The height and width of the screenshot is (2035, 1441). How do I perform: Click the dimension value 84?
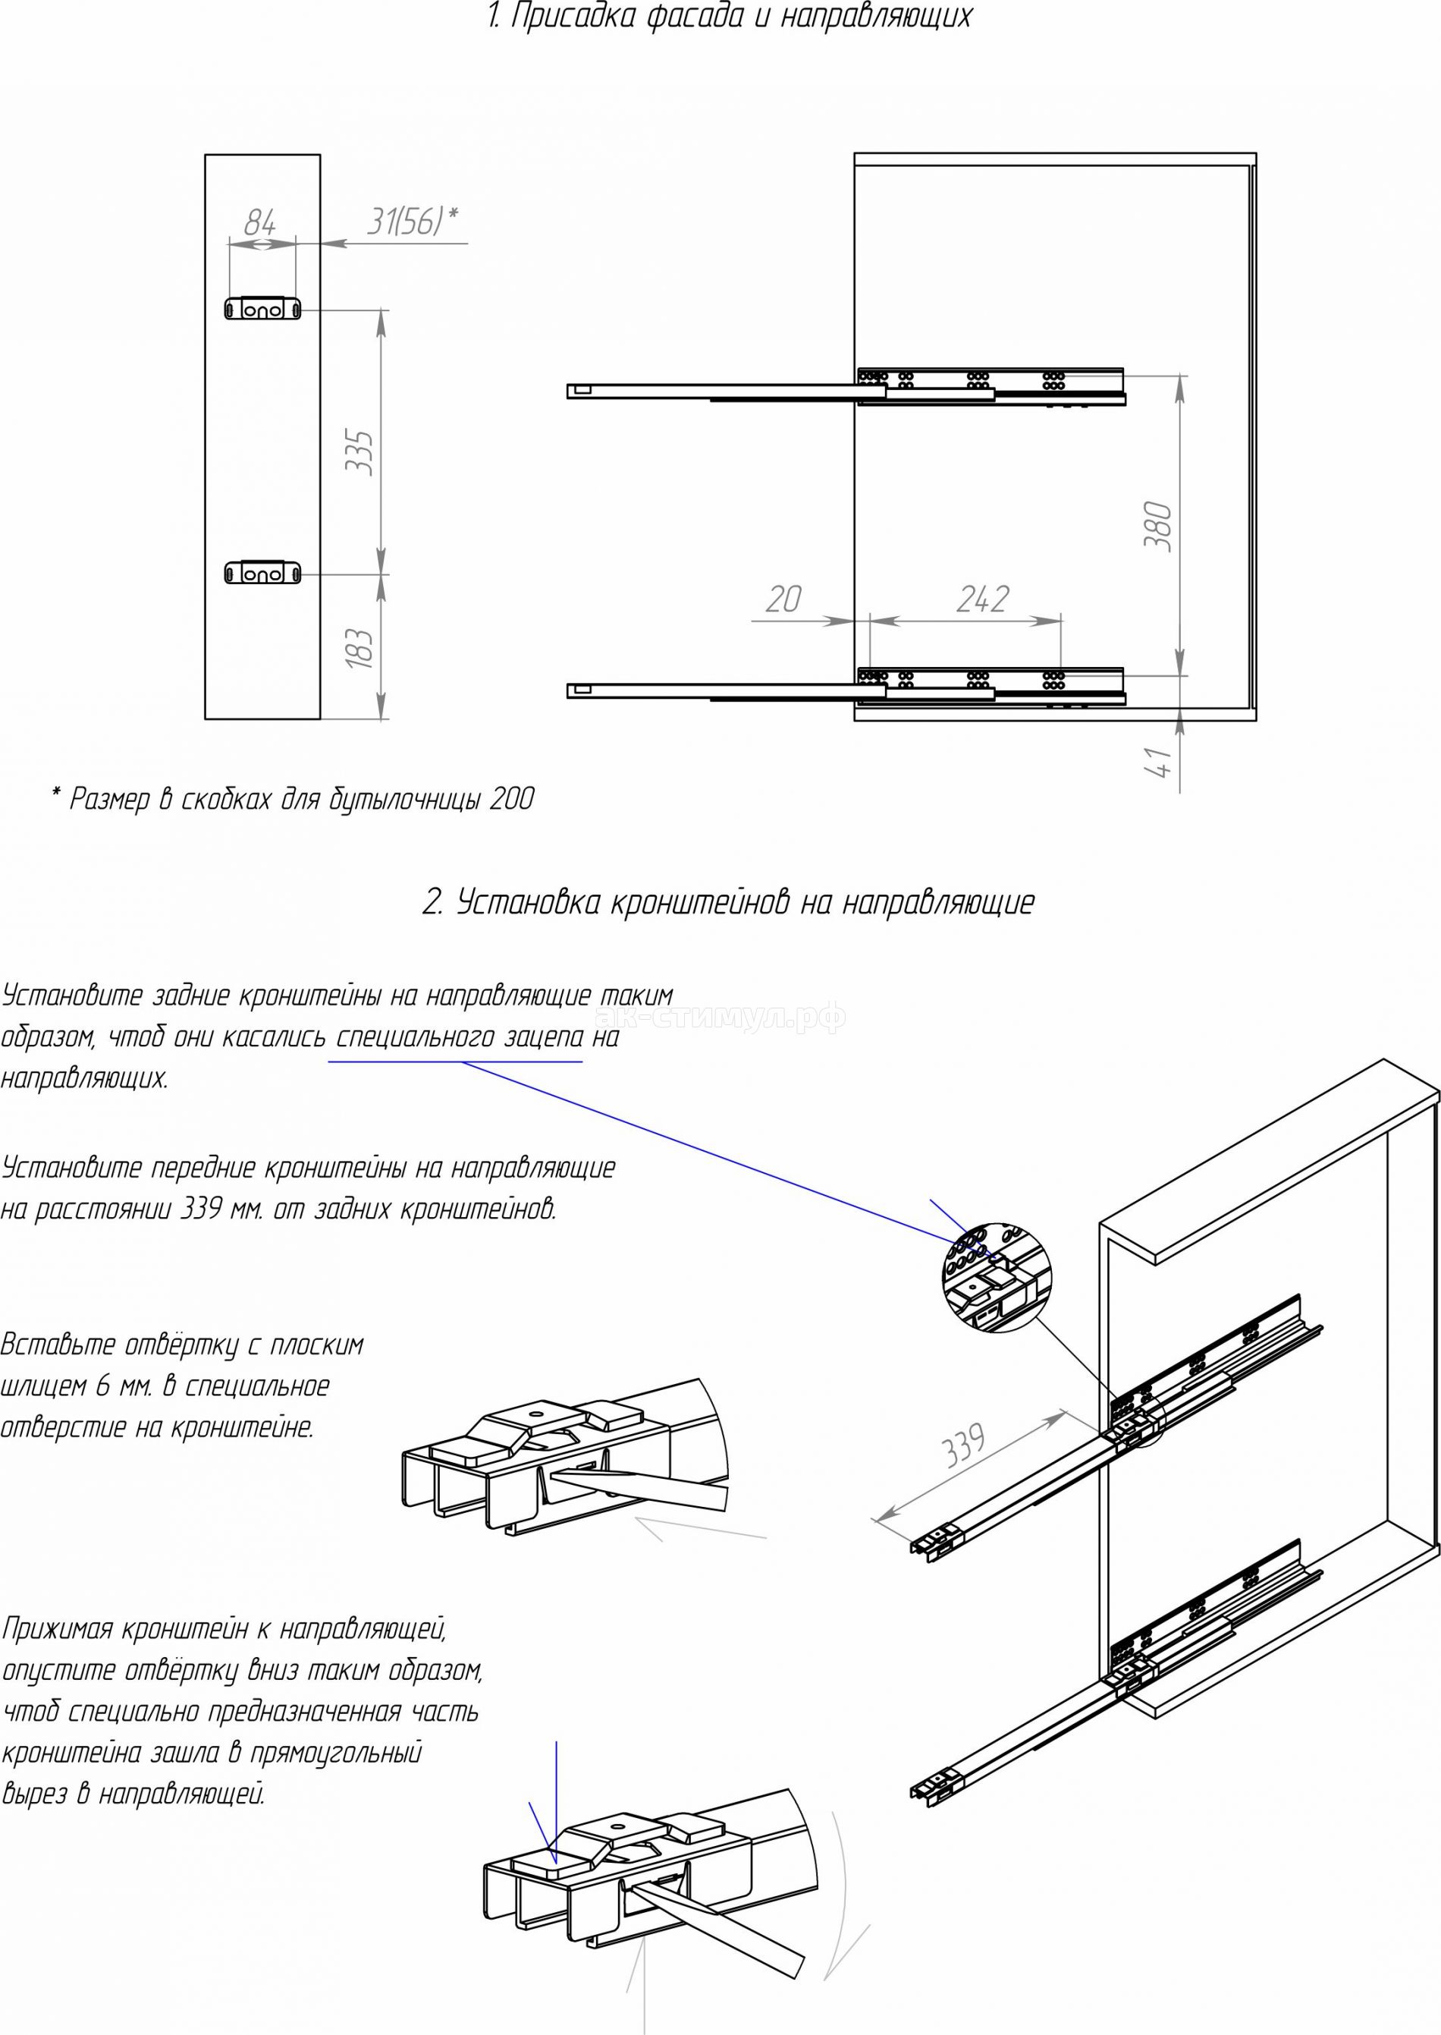pyautogui.click(x=259, y=220)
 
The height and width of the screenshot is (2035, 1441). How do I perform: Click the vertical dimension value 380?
pyautogui.click(x=1160, y=527)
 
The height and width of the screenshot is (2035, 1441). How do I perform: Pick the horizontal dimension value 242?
pyautogui.click(x=983, y=600)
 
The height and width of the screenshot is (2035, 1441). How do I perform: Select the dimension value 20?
pyautogui.click(x=783, y=600)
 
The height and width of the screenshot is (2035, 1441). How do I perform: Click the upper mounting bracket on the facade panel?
pyautogui.click(x=262, y=308)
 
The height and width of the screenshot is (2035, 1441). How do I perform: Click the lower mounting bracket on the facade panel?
pyautogui.click(x=262, y=574)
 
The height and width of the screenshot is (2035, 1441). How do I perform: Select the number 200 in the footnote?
pyautogui.click(x=511, y=800)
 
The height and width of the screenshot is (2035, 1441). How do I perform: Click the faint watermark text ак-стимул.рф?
pyautogui.click(x=720, y=1017)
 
